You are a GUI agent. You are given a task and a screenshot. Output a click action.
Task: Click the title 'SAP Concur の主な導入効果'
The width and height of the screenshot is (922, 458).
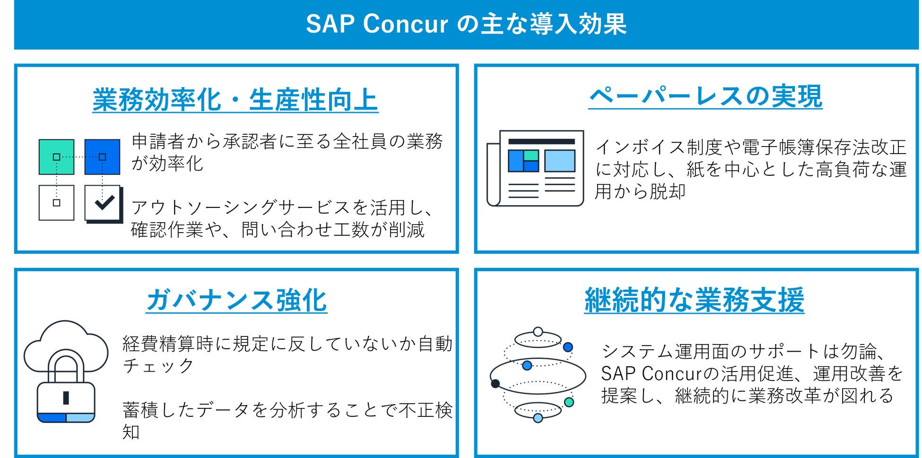[466, 24]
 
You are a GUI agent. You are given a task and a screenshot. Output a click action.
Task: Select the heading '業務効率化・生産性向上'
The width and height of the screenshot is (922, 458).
[235, 100]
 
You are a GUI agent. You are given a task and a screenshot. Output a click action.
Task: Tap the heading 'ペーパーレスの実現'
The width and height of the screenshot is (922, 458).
[705, 96]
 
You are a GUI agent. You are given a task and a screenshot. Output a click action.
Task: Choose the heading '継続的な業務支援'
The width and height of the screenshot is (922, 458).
[694, 300]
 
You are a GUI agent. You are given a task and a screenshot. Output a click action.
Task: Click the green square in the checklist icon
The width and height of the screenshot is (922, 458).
[56, 157]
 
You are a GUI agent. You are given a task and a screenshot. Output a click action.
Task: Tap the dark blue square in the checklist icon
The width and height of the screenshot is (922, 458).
[102, 157]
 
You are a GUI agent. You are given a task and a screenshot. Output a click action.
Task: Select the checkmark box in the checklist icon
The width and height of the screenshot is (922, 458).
[104, 203]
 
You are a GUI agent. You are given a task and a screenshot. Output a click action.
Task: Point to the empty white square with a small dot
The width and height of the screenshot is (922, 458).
[56, 203]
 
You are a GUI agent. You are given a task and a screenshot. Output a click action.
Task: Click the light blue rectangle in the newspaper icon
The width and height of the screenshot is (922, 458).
[560, 161]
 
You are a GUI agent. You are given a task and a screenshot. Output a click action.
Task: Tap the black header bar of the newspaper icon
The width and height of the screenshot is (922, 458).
[541, 141]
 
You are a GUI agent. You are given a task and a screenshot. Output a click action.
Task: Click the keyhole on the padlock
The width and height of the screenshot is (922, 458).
[66, 398]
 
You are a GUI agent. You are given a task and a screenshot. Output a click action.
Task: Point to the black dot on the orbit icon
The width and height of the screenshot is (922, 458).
[496, 383]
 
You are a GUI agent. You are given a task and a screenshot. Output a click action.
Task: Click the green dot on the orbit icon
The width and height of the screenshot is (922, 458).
[569, 402]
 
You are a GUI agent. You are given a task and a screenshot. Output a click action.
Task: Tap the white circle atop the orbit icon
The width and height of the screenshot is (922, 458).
[538, 332]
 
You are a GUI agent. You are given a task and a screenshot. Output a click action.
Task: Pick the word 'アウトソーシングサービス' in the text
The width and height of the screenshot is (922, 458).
[242, 207]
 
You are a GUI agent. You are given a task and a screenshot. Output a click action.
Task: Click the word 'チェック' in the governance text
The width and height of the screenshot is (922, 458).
[158, 365]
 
